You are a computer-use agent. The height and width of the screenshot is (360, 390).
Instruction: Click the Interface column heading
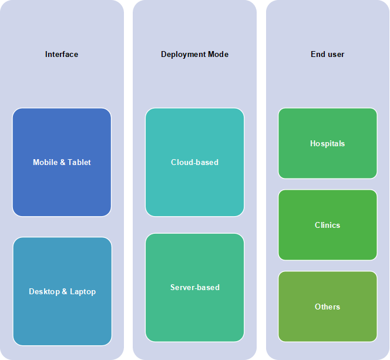[x=62, y=54]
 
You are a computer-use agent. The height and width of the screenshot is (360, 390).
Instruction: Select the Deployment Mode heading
[x=194, y=54]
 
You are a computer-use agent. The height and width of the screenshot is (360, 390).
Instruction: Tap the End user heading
[x=327, y=54]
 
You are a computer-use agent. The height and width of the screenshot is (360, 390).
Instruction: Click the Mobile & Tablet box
[x=62, y=162]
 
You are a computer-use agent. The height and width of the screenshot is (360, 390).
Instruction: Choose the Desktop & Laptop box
[x=62, y=291]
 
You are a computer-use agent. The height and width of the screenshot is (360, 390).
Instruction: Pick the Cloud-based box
[x=195, y=162]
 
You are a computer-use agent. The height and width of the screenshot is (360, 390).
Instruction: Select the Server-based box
[x=195, y=287]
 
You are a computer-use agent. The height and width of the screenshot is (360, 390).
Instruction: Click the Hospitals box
[x=328, y=143]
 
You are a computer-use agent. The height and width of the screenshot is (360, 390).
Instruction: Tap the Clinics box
[x=328, y=225]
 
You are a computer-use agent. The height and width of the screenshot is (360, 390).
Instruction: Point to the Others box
[x=328, y=307]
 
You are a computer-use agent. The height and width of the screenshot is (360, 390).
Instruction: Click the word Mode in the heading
[x=218, y=54]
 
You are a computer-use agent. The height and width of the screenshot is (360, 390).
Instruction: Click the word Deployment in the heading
[x=183, y=55]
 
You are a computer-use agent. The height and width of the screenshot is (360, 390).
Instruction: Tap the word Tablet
[x=79, y=162]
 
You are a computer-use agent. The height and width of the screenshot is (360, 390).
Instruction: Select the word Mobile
[x=45, y=162]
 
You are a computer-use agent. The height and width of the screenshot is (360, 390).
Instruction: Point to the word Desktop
[x=44, y=291]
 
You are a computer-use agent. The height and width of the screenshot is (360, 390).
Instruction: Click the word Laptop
[x=83, y=291]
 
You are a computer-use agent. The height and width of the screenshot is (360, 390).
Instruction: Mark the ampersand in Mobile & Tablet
[x=63, y=162]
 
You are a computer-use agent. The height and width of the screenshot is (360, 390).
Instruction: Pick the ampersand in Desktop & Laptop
[x=65, y=291]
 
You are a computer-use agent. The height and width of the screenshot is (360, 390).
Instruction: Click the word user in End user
[x=335, y=55]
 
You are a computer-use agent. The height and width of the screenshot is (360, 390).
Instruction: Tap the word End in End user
[x=317, y=54]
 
